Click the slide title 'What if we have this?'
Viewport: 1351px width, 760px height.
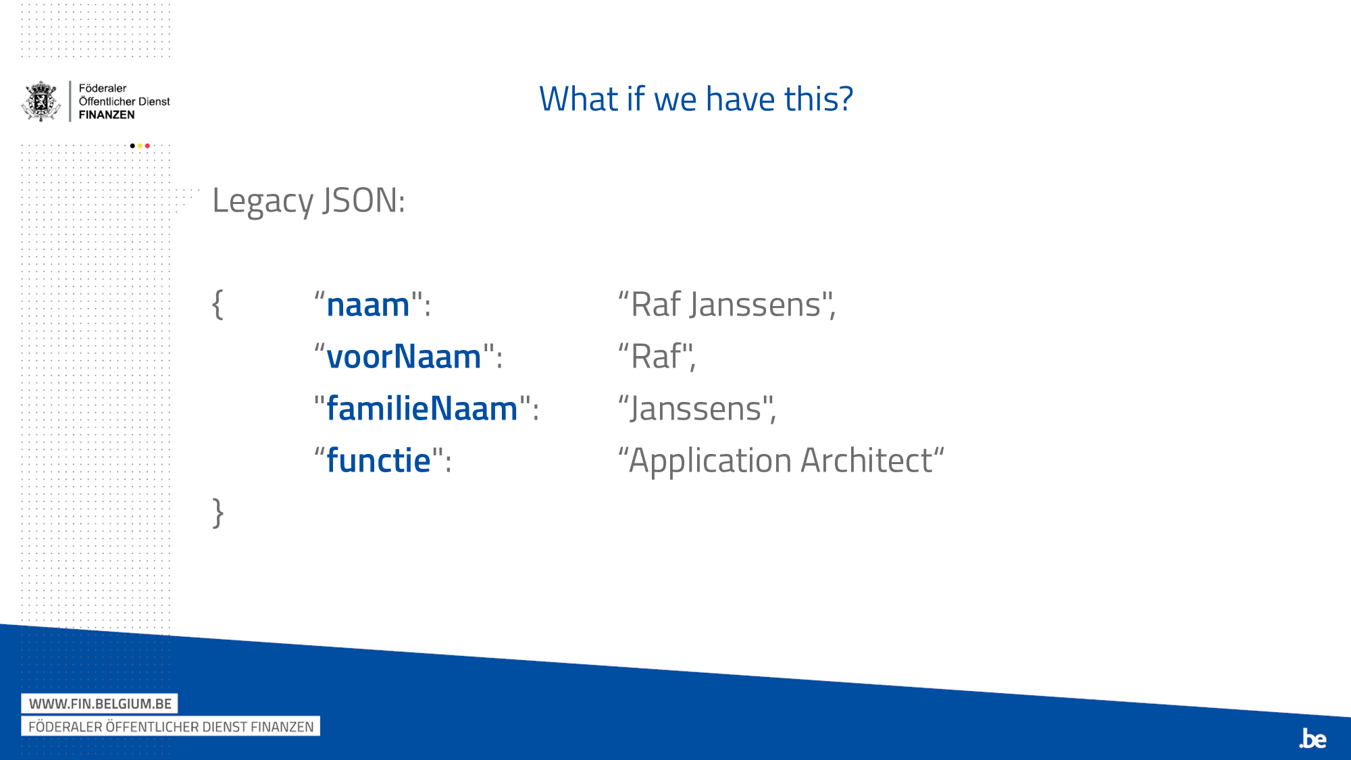(696, 99)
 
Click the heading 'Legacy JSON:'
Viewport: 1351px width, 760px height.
(309, 201)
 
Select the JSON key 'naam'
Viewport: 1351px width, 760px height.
(368, 305)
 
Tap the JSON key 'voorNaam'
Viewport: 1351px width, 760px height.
(403, 357)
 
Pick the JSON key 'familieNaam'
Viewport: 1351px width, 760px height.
(422, 409)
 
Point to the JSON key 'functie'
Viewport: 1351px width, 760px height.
(378, 461)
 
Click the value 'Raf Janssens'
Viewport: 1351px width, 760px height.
(725, 305)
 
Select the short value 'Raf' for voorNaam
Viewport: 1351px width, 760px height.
(655, 357)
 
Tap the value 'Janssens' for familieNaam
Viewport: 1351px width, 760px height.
(696, 409)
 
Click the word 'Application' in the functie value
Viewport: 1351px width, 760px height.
(710, 461)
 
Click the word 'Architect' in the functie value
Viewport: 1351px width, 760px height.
(867, 461)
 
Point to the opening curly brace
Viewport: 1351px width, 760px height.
(218, 304)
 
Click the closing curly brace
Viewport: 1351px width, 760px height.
(218, 513)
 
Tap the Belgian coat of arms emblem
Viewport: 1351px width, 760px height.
(42, 101)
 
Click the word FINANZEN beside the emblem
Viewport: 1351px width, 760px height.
(107, 115)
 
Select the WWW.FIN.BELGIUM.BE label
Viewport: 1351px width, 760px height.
(100, 703)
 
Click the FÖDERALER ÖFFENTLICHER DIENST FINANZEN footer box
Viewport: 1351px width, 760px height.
(171, 726)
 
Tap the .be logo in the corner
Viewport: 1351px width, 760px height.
(1312, 738)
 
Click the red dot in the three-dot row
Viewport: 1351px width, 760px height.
(147, 146)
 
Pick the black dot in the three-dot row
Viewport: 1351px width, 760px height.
(132, 146)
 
